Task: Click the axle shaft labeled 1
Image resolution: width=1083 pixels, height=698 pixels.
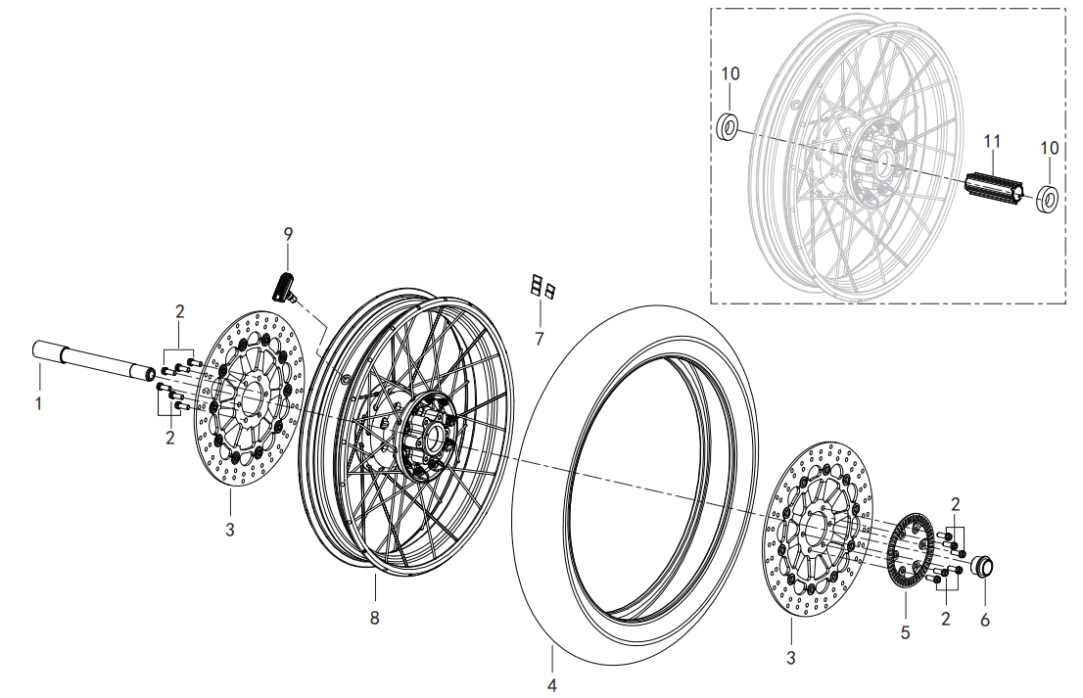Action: (x=96, y=360)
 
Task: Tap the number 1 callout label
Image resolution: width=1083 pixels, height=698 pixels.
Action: (x=39, y=402)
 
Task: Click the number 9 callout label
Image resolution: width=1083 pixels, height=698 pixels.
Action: (x=288, y=234)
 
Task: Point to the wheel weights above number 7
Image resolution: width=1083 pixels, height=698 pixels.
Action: (x=542, y=287)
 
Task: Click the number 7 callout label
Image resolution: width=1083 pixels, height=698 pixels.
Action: (x=540, y=339)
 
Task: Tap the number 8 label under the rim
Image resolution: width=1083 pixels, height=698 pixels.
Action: (x=374, y=618)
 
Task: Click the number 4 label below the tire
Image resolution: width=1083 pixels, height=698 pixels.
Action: (x=551, y=685)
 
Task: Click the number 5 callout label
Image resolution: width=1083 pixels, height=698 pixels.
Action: (x=905, y=631)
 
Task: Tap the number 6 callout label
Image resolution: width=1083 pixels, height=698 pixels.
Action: (x=985, y=620)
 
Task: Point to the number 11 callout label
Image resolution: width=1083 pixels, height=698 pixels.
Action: (x=992, y=142)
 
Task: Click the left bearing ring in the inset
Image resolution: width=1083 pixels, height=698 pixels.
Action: (x=728, y=126)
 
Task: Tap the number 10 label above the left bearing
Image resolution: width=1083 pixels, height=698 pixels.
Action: (x=730, y=73)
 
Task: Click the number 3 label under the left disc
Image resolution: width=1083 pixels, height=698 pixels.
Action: (x=229, y=530)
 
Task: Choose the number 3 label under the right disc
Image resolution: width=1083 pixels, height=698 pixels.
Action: (x=791, y=658)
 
